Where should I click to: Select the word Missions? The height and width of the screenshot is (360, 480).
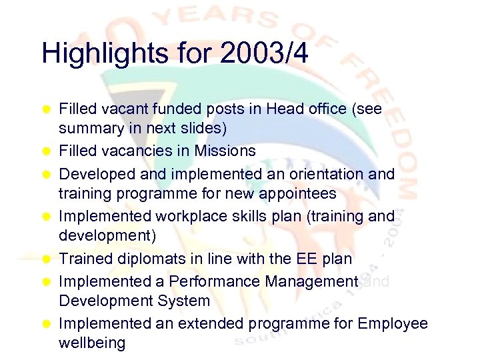pos(224,151)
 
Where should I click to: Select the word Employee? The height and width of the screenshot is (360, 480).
pos(393,323)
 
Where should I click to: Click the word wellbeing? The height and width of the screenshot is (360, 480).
pos(92,344)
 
